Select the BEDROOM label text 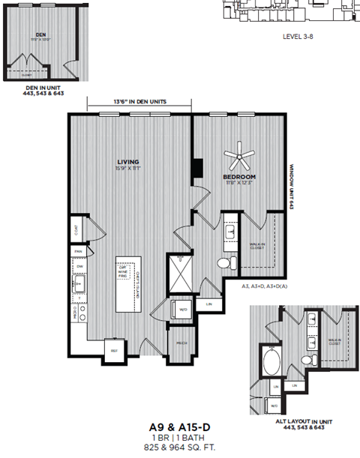(x=239, y=178)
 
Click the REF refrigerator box (x=114, y=350)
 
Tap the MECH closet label (x=181, y=343)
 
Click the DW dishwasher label (x=79, y=266)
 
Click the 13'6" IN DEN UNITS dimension (x=138, y=101)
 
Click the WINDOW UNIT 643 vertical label (x=295, y=187)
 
